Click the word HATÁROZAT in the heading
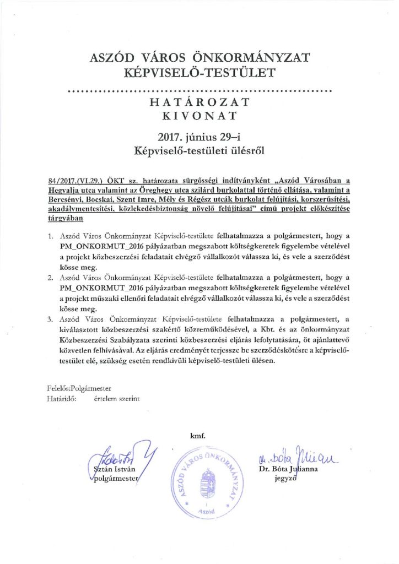coord(199,103)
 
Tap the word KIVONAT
coord(199,116)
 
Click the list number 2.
coord(50,272)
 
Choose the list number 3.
coord(50,318)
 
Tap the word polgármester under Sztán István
coord(115,479)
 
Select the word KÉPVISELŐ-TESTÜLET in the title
coord(199,72)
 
